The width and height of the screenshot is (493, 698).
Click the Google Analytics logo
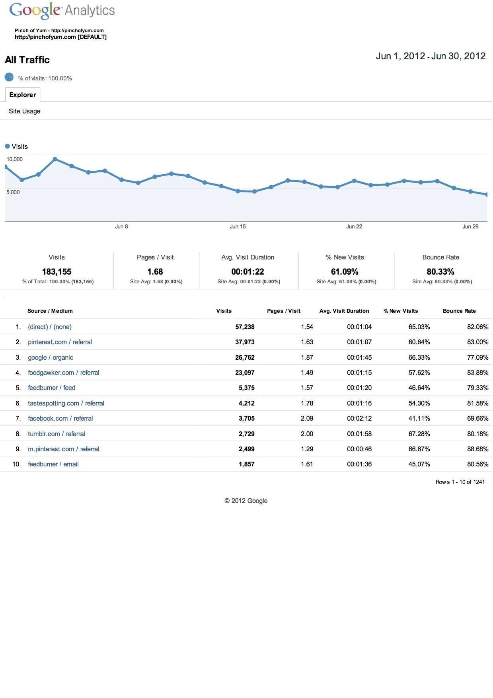click(x=62, y=10)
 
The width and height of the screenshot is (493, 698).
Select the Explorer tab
click(x=23, y=95)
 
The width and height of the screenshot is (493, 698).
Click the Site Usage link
click(x=25, y=111)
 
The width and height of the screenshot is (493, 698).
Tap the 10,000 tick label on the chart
click(x=15, y=159)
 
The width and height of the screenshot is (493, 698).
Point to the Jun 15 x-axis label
click(x=238, y=226)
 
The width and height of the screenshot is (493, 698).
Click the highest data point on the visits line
click(x=55, y=159)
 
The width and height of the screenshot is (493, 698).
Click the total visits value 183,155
click(x=57, y=272)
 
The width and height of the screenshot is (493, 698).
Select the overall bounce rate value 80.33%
click(x=440, y=272)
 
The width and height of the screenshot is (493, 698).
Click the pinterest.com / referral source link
click(x=60, y=342)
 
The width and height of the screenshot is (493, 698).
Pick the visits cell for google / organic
click(x=245, y=357)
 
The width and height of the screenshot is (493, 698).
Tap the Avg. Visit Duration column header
click(x=344, y=311)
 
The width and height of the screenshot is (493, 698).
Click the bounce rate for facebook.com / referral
click(x=477, y=418)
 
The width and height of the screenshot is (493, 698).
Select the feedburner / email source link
click(x=53, y=464)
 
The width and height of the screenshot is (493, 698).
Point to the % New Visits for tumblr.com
click(x=419, y=434)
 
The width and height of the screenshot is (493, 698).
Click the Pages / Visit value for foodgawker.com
click(x=307, y=372)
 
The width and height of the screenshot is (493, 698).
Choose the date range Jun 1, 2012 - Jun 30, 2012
click(x=431, y=56)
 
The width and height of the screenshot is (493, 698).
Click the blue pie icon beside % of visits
click(x=9, y=77)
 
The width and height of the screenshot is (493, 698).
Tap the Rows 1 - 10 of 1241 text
click(x=460, y=482)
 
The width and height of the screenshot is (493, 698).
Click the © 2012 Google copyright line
click(x=246, y=501)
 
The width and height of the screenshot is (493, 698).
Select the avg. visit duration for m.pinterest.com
click(x=359, y=449)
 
